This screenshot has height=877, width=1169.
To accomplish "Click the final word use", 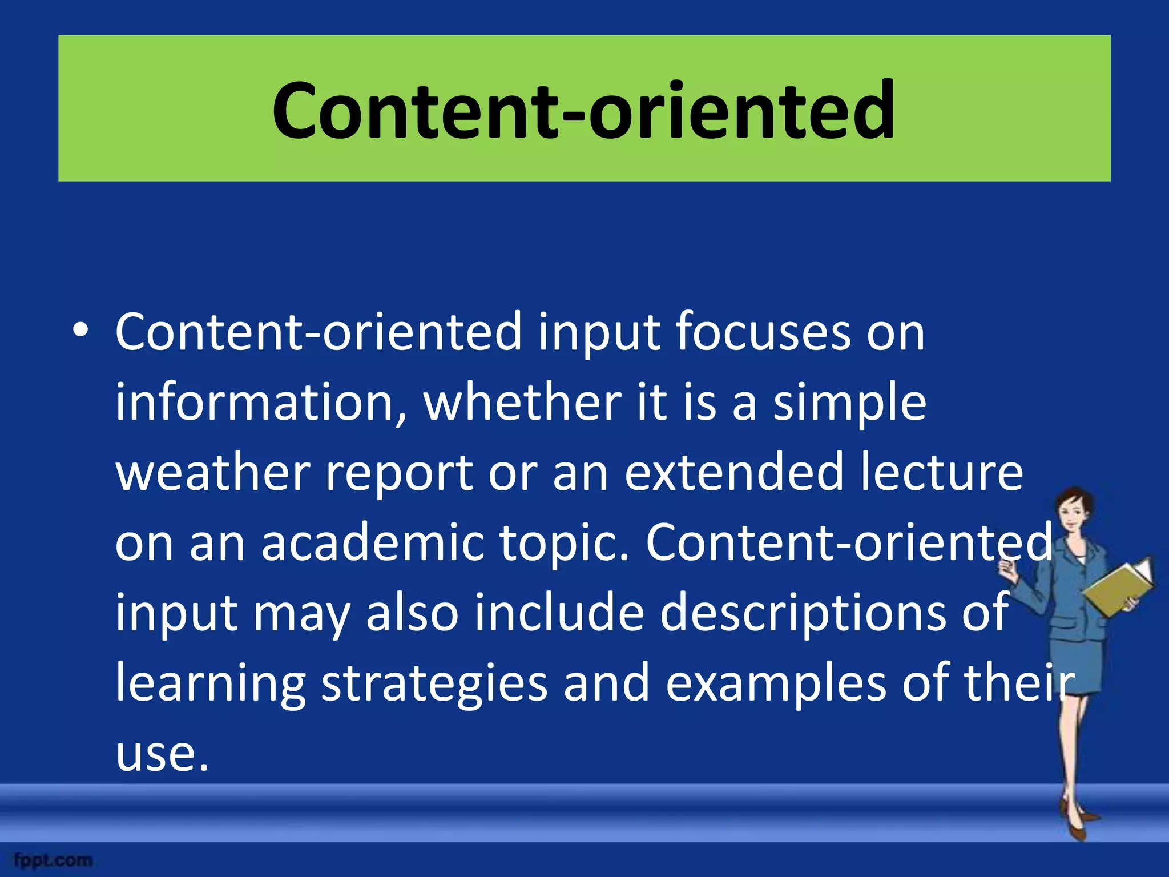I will click(161, 754).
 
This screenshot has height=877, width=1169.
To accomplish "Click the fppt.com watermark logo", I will click(53, 860).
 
